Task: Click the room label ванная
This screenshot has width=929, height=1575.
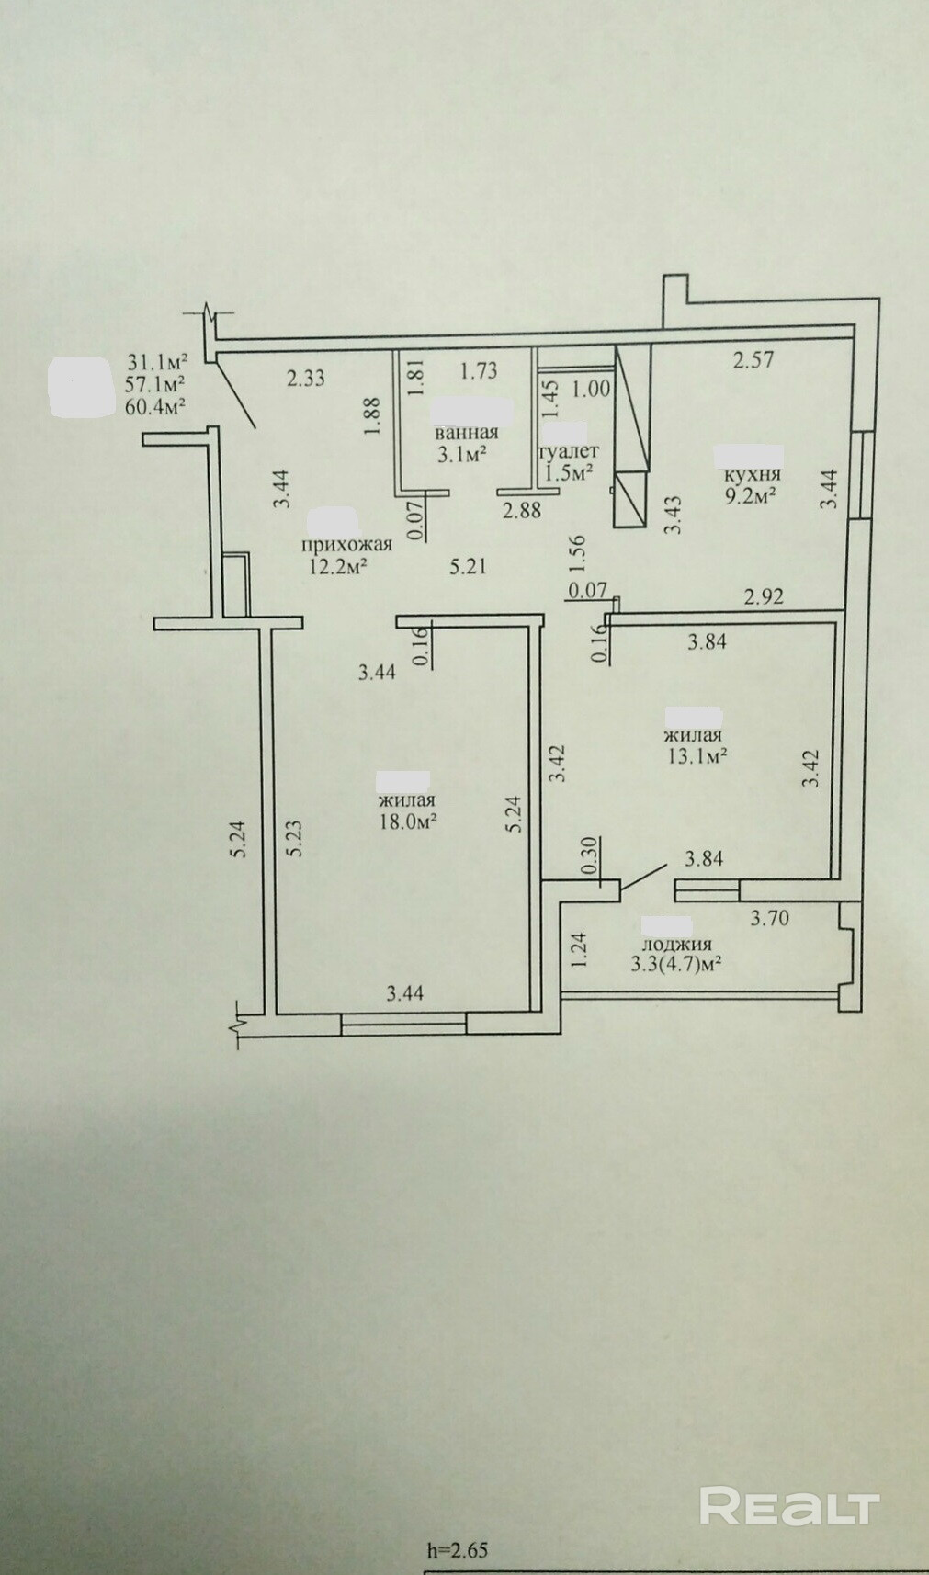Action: point(466,433)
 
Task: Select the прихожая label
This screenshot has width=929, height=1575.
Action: point(346,544)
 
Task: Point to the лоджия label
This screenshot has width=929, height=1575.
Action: point(675,945)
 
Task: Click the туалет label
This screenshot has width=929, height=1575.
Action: point(569,450)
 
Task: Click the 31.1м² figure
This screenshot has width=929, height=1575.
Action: point(157,363)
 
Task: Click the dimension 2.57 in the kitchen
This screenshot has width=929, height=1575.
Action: point(753,360)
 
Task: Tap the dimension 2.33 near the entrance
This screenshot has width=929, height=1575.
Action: point(305,379)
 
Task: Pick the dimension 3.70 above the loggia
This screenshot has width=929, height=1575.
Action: point(771,918)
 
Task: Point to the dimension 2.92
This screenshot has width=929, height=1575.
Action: point(764,597)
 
